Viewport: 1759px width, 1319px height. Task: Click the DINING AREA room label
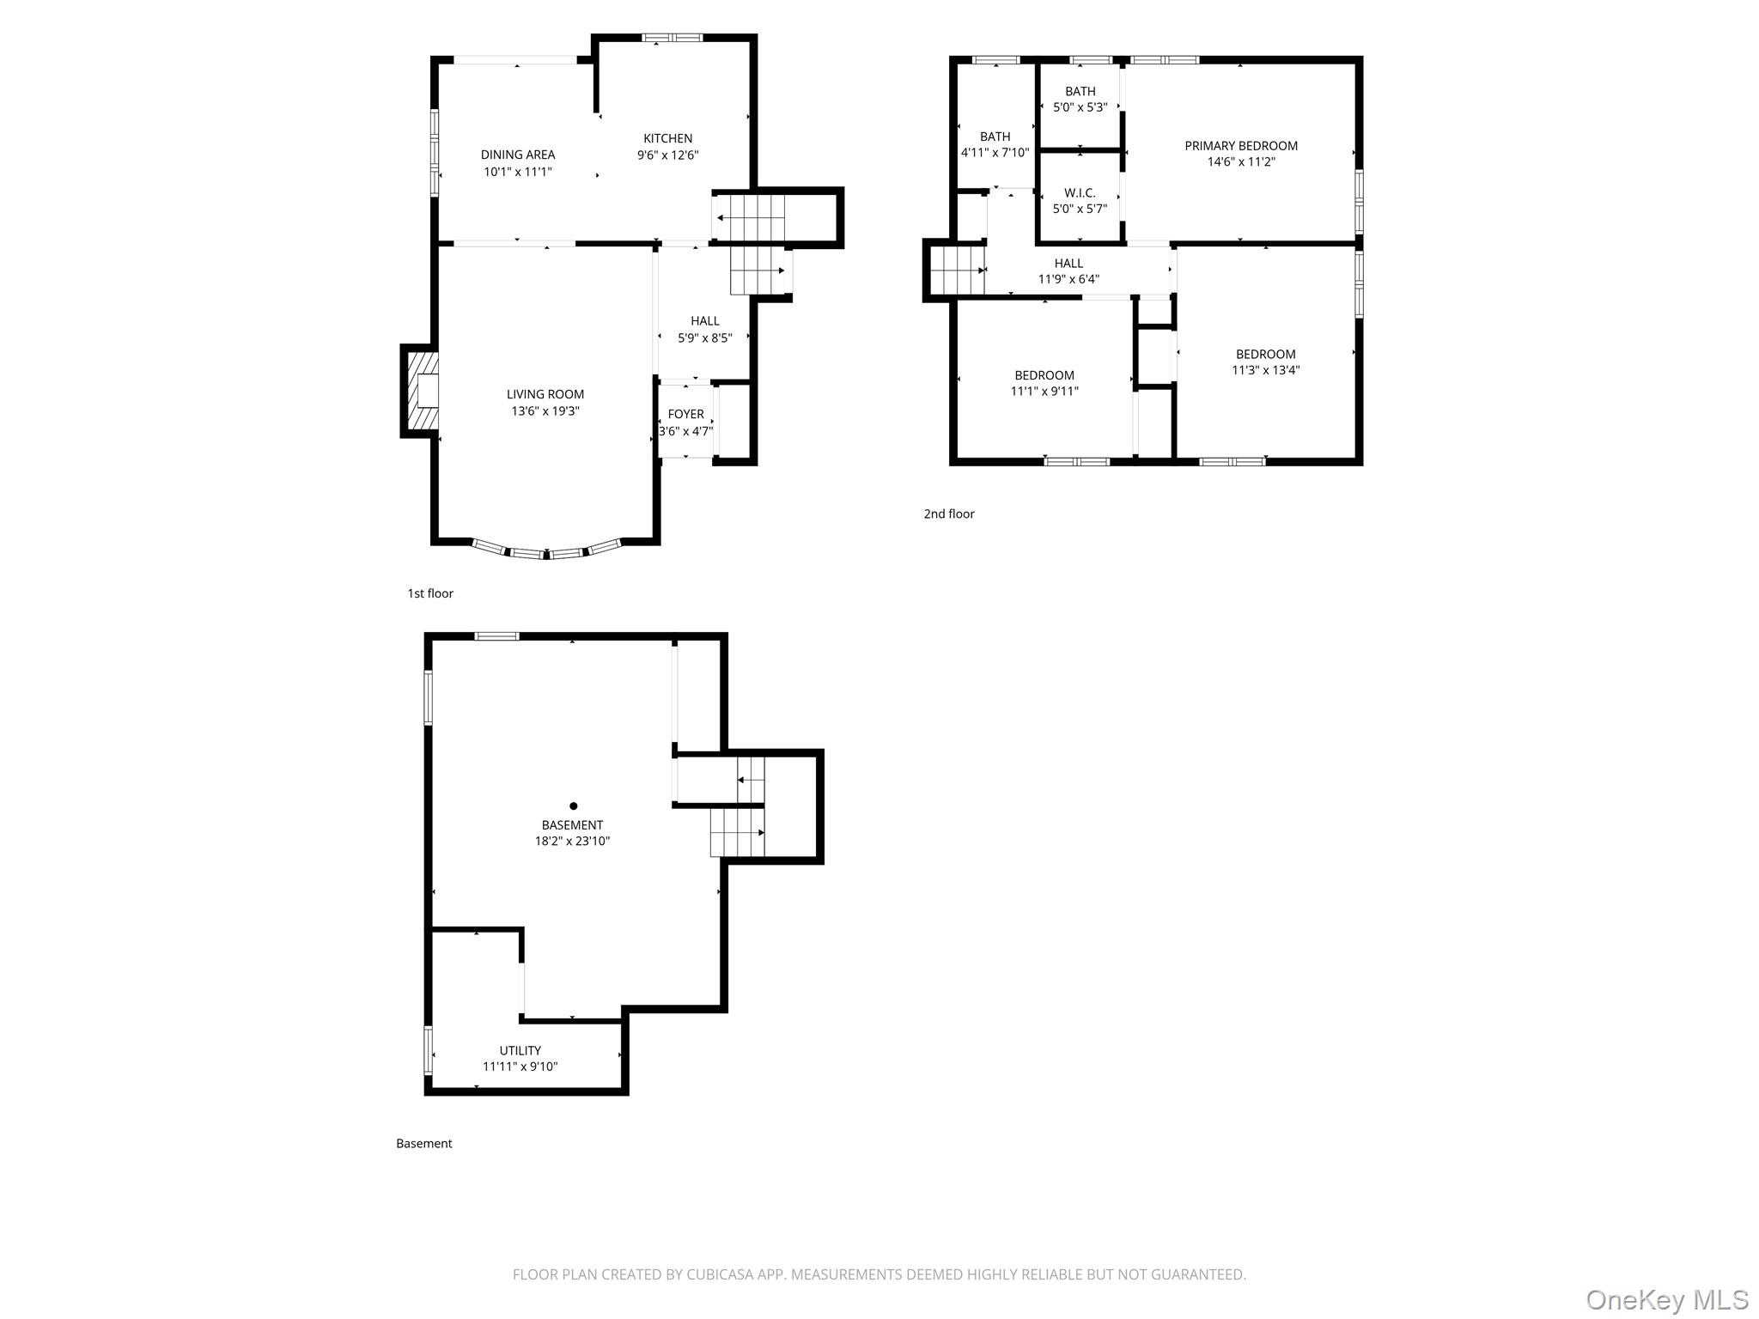click(x=517, y=155)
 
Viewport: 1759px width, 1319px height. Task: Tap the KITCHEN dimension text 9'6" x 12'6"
click(x=667, y=155)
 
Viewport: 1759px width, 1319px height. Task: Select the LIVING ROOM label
click(x=545, y=394)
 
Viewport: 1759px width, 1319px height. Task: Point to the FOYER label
click(x=685, y=414)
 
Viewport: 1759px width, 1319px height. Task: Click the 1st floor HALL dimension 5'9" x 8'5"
click(x=704, y=338)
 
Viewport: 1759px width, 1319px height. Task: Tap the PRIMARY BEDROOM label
click(x=1240, y=146)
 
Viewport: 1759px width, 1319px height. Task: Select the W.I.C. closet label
click(x=1080, y=193)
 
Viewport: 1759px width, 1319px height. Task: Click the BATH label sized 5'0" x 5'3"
click(x=1080, y=92)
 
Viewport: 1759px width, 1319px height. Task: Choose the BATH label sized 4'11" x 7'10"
click(x=995, y=137)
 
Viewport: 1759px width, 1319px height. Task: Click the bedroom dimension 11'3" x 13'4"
click(x=1265, y=371)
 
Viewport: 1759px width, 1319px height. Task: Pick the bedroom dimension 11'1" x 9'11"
click(x=1044, y=392)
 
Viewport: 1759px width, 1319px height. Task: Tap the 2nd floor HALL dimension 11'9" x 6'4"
click(x=1068, y=279)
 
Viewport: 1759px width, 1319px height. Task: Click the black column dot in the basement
click(x=573, y=805)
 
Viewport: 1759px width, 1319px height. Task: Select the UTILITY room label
click(x=520, y=1050)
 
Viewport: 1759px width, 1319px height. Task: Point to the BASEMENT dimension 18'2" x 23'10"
click(x=572, y=842)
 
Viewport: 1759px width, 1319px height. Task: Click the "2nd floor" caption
click(x=949, y=514)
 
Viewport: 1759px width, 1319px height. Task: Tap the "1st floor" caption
click(x=430, y=593)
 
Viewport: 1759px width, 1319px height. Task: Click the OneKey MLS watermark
click(x=1666, y=1299)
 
